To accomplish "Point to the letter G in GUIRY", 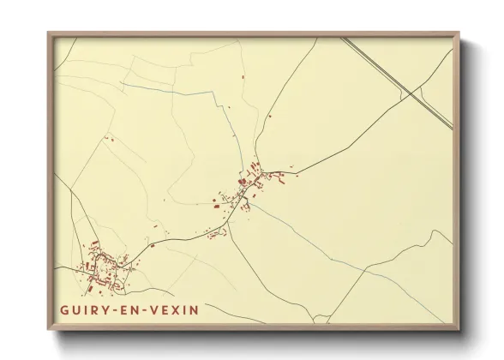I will pos(63,308).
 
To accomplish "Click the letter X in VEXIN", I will pos(176,308).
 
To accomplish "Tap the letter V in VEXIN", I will pos(153,308).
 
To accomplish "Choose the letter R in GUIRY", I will pos(94,308).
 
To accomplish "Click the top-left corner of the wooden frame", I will pos(48,33).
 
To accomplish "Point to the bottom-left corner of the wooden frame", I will pos(48,330).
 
